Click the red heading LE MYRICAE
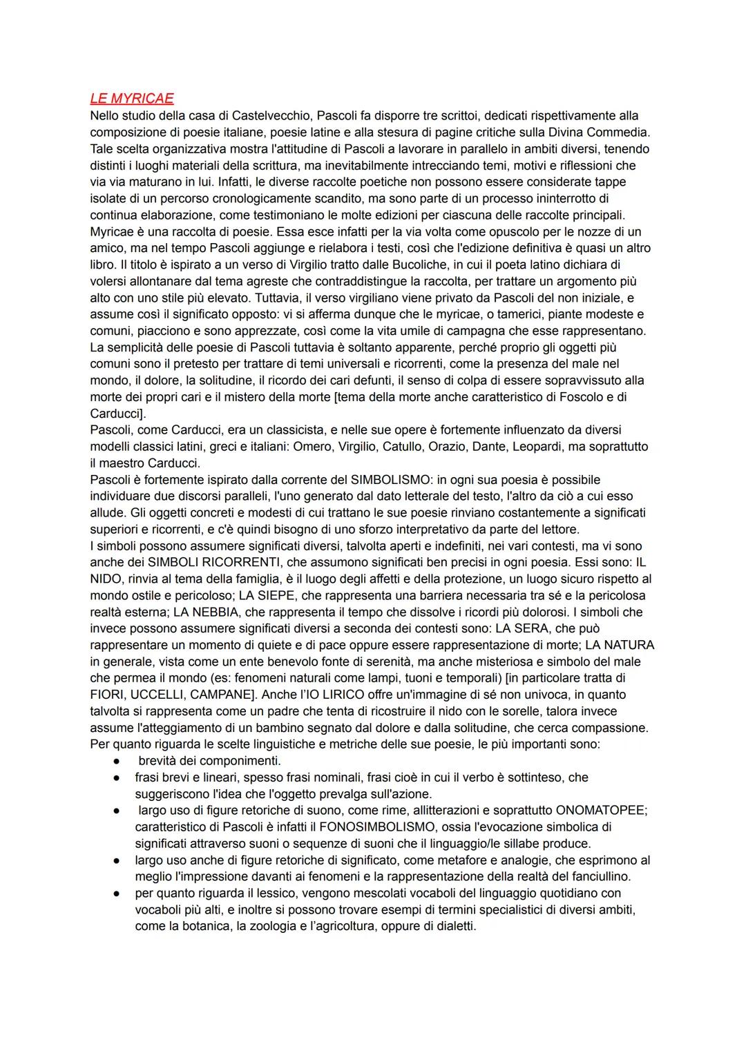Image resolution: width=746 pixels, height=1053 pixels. (x=132, y=99)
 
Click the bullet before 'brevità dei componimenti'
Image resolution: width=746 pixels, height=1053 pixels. (x=119, y=761)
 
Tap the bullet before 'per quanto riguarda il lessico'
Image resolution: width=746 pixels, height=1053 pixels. (x=119, y=893)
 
